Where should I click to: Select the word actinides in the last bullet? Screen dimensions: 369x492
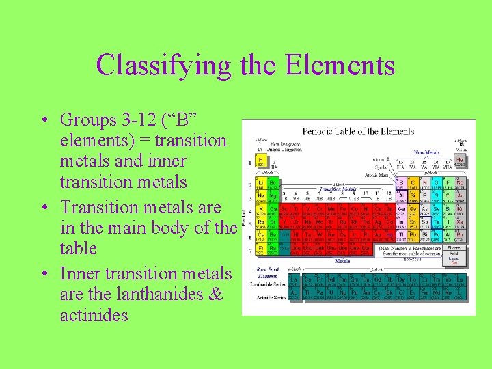[94, 315]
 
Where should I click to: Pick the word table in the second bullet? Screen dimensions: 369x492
[79, 248]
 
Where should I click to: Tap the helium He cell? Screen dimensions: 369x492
[461, 161]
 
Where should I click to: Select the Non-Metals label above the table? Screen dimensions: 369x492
[426, 153]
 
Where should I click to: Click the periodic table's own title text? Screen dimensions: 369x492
[358, 131]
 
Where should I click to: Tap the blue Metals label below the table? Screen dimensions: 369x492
[342, 260]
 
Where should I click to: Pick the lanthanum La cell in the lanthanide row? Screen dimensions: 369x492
[295, 280]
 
